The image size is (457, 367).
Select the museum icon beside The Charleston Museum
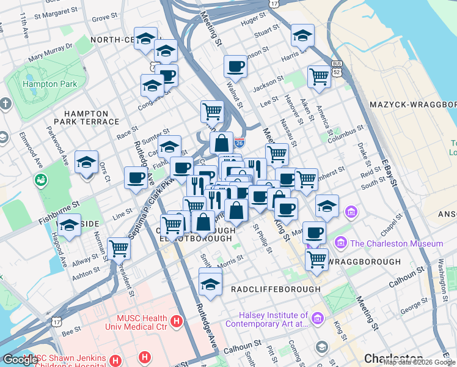[341, 243]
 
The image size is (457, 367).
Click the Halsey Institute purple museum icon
[317, 318]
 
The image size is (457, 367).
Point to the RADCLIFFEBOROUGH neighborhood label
[276, 289]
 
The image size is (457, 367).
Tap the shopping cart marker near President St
[119, 248]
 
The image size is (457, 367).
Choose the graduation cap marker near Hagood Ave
[70, 225]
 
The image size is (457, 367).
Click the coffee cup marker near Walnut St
[235, 66]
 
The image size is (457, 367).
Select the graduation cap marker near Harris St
[302, 36]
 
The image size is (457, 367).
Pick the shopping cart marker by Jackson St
[319, 76]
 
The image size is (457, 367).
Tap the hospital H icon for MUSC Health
[177, 320]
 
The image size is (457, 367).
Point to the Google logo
[20, 360]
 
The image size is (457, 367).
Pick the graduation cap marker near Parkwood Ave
[87, 163]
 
